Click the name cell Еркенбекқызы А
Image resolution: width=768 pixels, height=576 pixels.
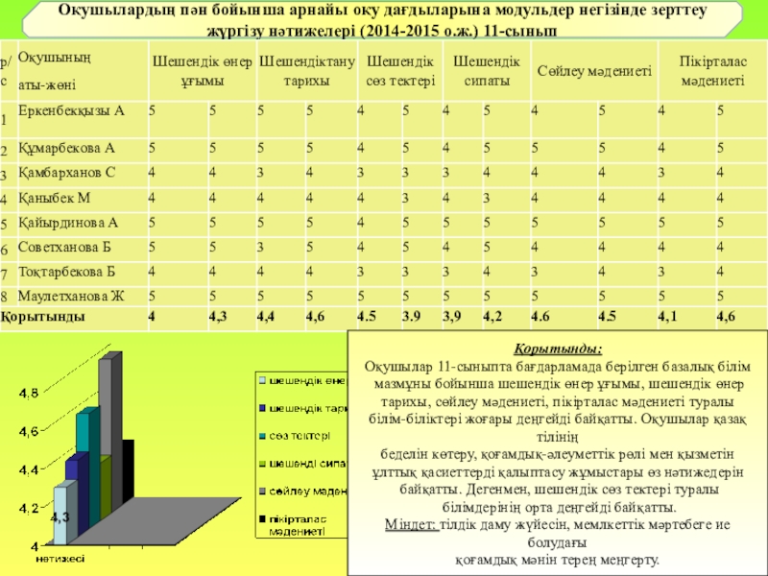(72, 110)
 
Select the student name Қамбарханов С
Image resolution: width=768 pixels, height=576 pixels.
(67, 173)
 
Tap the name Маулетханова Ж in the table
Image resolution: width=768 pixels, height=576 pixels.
(71, 295)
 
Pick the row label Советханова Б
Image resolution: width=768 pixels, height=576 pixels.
(65, 246)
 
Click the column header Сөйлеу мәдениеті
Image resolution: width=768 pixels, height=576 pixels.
(594, 72)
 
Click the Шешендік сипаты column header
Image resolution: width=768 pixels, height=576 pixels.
(487, 72)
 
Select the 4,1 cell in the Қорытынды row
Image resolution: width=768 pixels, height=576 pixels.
(669, 316)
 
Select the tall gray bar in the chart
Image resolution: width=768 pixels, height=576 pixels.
(109, 432)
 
